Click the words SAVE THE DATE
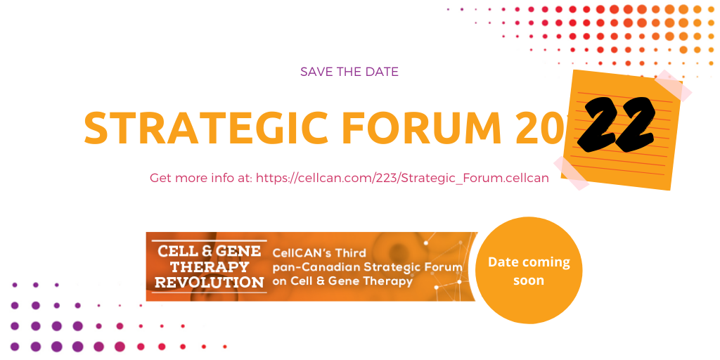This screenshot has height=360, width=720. (x=349, y=72)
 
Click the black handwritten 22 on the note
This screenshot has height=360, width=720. (x=616, y=125)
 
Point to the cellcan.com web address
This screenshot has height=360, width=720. (x=402, y=178)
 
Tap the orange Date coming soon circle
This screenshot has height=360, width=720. (x=529, y=270)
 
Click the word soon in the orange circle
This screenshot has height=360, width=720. (x=529, y=280)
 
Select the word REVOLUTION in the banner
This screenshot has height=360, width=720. (x=210, y=282)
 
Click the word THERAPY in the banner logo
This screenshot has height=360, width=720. (x=210, y=266)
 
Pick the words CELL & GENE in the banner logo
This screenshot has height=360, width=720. (x=210, y=251)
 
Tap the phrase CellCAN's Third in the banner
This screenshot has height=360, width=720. (x=319, y=253)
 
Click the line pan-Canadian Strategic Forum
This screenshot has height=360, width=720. (x=367, y=267)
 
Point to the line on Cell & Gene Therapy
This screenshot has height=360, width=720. (x=342, y=281)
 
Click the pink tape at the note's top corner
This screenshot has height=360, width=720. (x=673, y=85)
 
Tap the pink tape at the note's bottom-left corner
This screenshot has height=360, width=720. (x=571, y=173)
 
